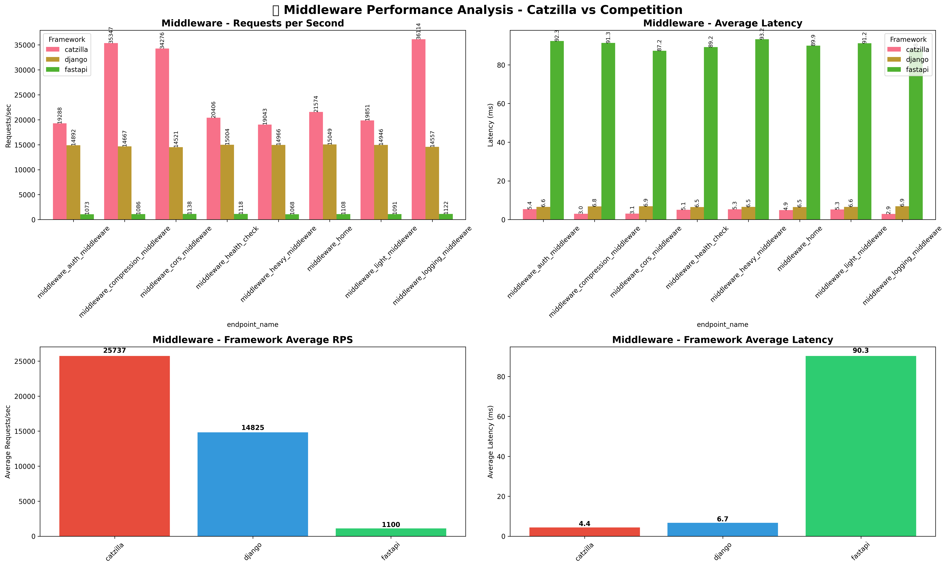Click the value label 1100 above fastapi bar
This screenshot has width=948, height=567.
[x=391, y=525]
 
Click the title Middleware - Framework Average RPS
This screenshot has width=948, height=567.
[x=253, y=340]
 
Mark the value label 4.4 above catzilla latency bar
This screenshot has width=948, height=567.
[x=584, y=523]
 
